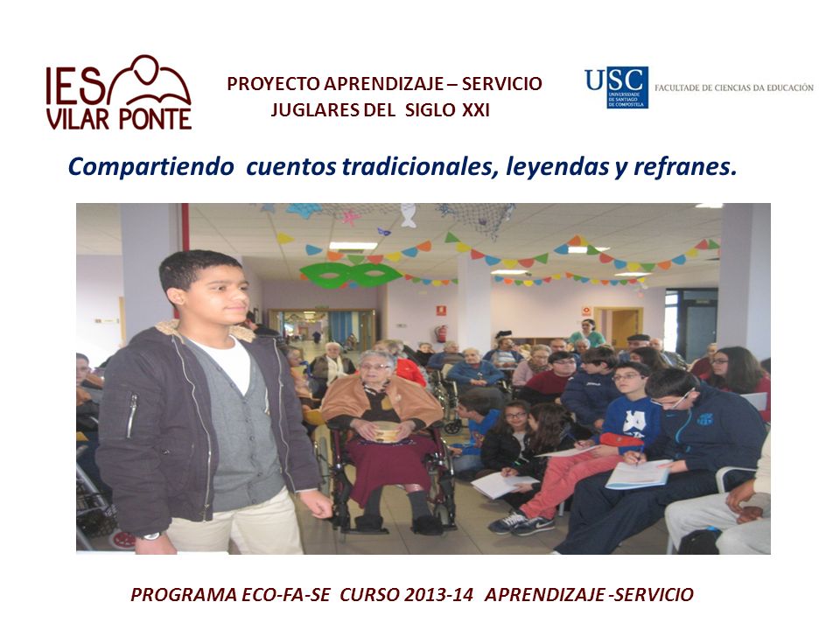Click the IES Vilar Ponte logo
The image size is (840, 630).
pos(119,93)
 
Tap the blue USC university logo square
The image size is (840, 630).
pos(626,87)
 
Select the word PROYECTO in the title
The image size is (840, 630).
pos(273,84)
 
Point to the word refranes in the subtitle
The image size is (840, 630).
pos(685,166)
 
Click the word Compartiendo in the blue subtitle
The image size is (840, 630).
pos(151,167)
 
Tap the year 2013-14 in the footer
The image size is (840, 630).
pos(438,595)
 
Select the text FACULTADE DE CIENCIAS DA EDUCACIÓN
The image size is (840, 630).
pos(734,87)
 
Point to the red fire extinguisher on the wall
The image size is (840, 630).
pos(441,333)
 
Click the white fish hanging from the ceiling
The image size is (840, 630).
pos(409,215)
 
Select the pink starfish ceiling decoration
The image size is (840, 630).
pos(351,218)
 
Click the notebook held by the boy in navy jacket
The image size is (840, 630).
pos(638,473)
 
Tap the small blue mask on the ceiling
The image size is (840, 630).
pos(383,232)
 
